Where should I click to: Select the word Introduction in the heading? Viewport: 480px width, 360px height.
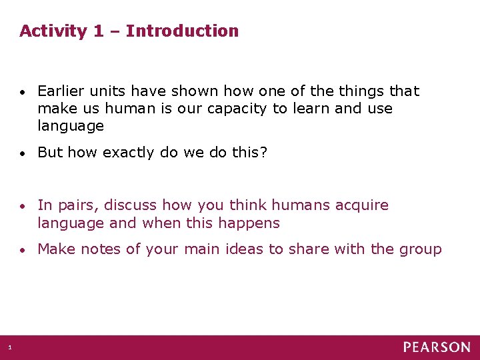click(x=182, y=31)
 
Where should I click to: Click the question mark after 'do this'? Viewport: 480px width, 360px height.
click(x=263, y=152)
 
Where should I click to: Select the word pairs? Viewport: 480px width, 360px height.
click(x=79, y=205)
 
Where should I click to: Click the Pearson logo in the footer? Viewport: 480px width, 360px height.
click(x=436, y=347)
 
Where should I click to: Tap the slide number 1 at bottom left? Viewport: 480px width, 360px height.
click(x=10, y=347)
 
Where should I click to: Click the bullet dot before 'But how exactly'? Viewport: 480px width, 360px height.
click(x=23, y=153)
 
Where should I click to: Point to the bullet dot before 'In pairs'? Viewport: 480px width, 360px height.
click(x=23, y=206)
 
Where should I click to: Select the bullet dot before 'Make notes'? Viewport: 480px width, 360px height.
click(x=23, y=250)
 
